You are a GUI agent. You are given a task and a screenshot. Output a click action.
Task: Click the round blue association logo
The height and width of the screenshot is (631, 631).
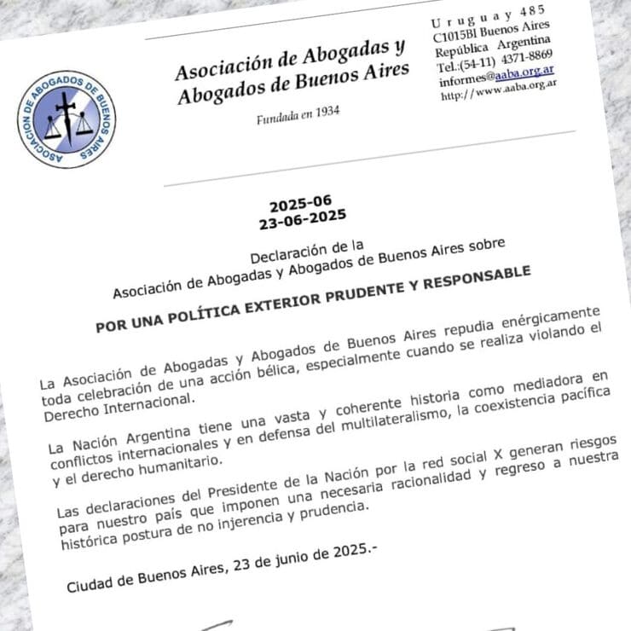click(x=66, y=119)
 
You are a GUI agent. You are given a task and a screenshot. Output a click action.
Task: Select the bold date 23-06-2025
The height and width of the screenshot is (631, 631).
click(x=303, y=220)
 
